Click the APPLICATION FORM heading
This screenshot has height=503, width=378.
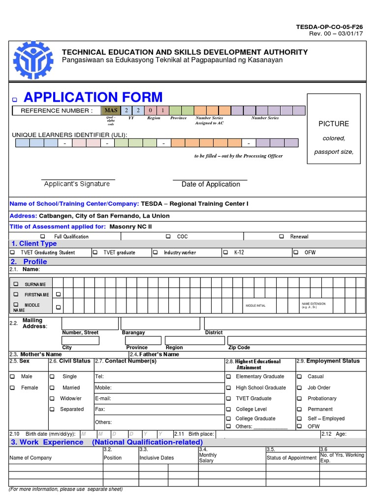pos(93,97)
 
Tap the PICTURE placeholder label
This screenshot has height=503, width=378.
pos(333,124)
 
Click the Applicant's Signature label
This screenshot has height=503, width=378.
pos(77,184)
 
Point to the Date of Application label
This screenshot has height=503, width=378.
pos(211,184)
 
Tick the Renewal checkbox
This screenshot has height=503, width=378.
pos(282,236)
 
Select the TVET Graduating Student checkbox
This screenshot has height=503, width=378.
pos(13,252)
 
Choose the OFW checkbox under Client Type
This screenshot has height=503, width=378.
pos(296,252)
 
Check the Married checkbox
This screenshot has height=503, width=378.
pos(52,388)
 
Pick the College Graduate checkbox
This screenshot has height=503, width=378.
pos(228,419)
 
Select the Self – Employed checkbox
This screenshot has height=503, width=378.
pos(299,419)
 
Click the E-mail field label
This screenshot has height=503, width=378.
pos(103,398)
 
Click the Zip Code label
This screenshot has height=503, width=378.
pos(239,347)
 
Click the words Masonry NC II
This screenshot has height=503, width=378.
pos(130,226)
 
